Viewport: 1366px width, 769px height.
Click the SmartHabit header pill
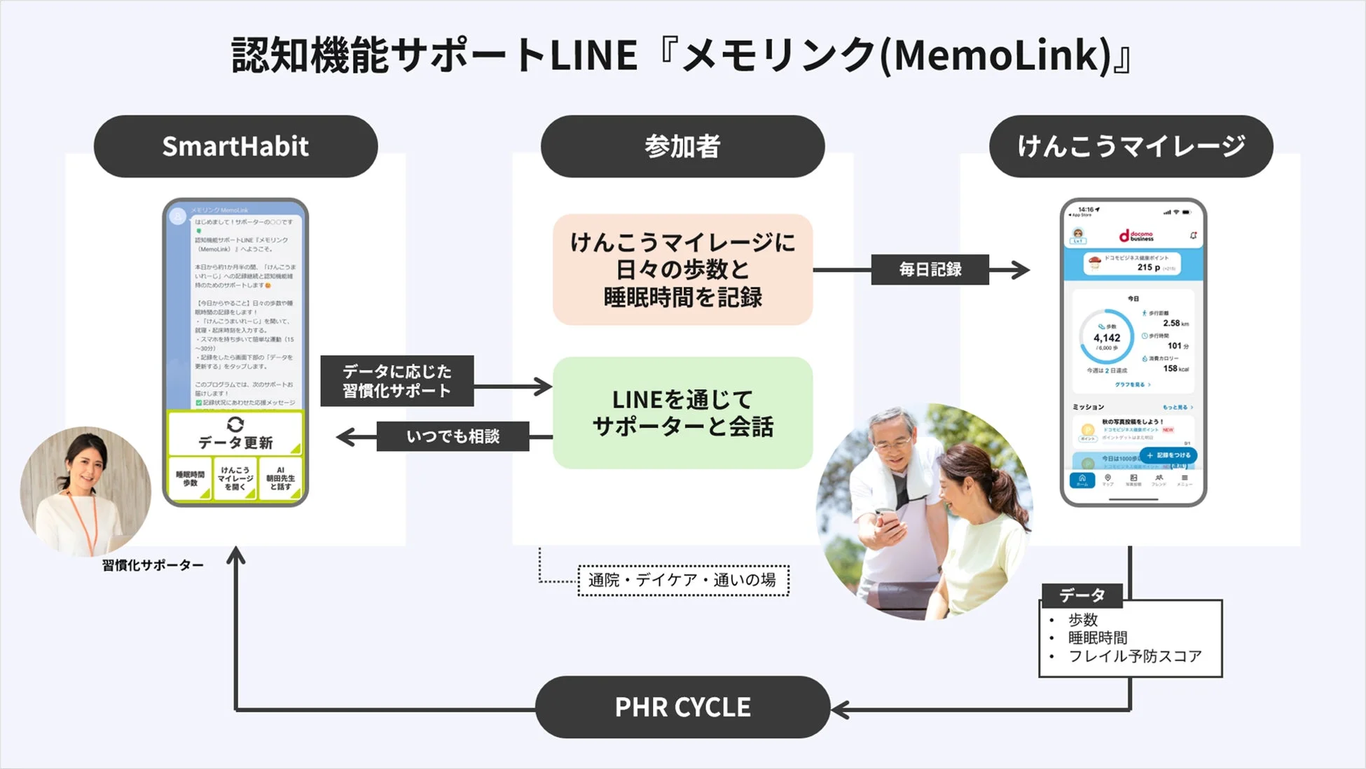coord(235,146)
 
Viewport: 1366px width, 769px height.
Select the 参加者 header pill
coord(682,146)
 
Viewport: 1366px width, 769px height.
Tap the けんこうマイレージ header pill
coord(1131,146)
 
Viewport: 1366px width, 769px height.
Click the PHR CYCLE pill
coord(682,707)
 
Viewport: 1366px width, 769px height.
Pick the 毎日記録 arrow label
coord(930,270)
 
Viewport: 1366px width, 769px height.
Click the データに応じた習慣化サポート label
coord(396,381)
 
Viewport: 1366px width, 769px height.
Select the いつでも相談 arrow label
coord(453,436)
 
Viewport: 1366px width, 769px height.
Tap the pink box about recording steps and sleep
coord(682,270)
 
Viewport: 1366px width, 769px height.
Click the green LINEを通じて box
coord(682,413)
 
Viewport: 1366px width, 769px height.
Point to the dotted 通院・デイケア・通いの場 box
coord(683,580)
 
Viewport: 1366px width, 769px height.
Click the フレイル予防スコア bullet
coord(1134,656)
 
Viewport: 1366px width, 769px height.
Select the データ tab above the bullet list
coord(1082,595)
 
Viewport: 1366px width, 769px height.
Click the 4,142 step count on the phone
coord(1107,338)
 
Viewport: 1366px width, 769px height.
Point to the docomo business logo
coord(1136,236)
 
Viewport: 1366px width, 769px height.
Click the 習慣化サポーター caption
coord(153,565)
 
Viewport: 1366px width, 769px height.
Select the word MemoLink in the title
coord(1002,55)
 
